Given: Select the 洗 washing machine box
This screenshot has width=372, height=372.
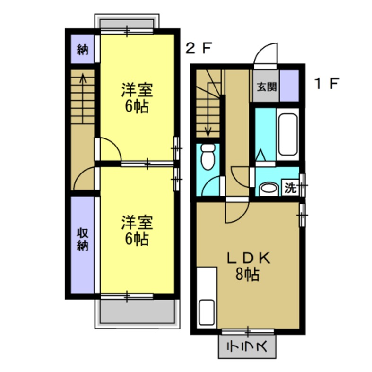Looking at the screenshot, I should [291, 188].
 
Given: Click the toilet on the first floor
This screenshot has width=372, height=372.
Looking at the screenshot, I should [208, 156].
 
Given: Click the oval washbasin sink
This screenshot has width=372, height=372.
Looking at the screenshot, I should [269, 189].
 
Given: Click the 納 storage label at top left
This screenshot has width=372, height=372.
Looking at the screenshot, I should [83, 49].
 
